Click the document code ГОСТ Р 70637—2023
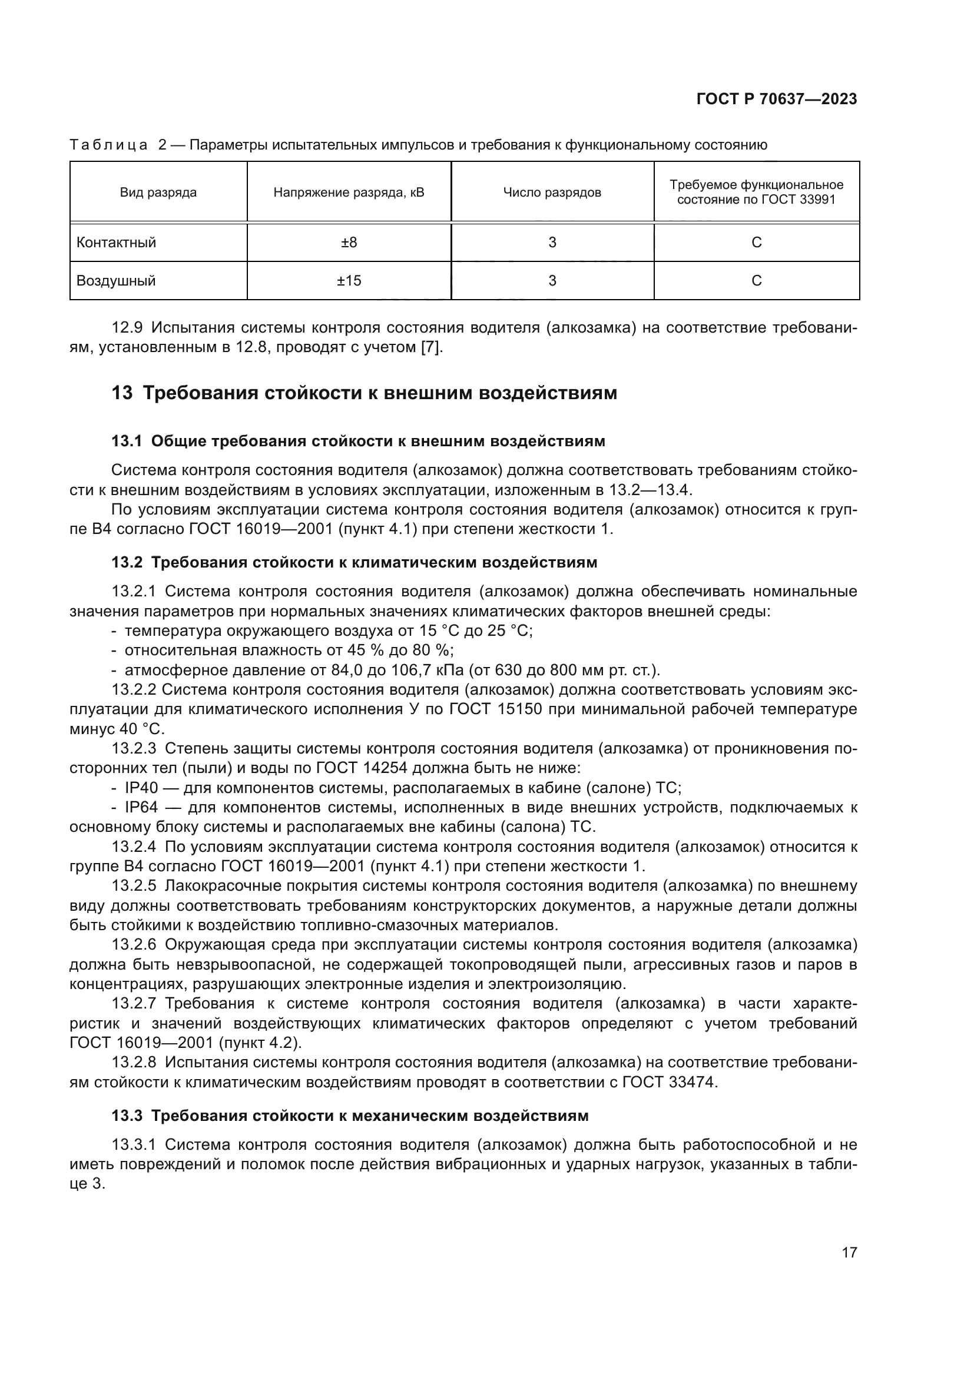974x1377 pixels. click(777, 99)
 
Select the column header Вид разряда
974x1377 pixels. click(158, 193)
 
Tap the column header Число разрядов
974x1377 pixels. click(552, 193)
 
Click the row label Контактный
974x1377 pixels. click(117, 243)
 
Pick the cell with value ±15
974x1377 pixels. click(349, 281)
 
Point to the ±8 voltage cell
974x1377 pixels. click(349, 243)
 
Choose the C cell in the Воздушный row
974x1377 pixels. click(756, 281)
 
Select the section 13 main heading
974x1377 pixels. click(365, 393)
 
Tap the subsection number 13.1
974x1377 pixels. click(127, 442)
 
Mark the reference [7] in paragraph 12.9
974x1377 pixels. click(431, 347)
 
